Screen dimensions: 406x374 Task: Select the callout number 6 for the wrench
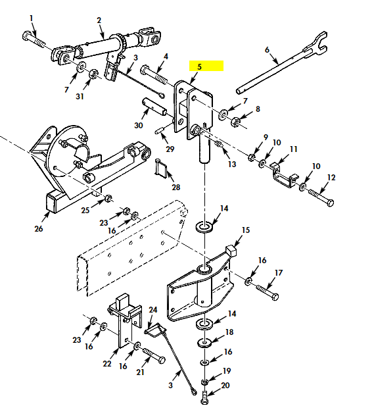[268, 50]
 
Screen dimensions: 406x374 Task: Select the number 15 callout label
[246, 230]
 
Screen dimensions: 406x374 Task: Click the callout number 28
[175, 188]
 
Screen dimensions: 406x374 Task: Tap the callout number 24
[152, 310]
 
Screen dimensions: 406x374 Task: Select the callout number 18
[229, 332]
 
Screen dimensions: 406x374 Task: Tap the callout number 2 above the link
[99, 20]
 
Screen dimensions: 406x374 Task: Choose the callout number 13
[232, 164]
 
